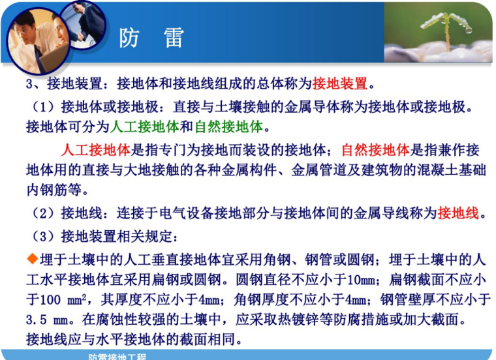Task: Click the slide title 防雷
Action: (151, 38)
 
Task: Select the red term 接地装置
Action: (341, 83)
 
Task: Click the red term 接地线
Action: (458, 213)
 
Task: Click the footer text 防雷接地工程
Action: (117, 356)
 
